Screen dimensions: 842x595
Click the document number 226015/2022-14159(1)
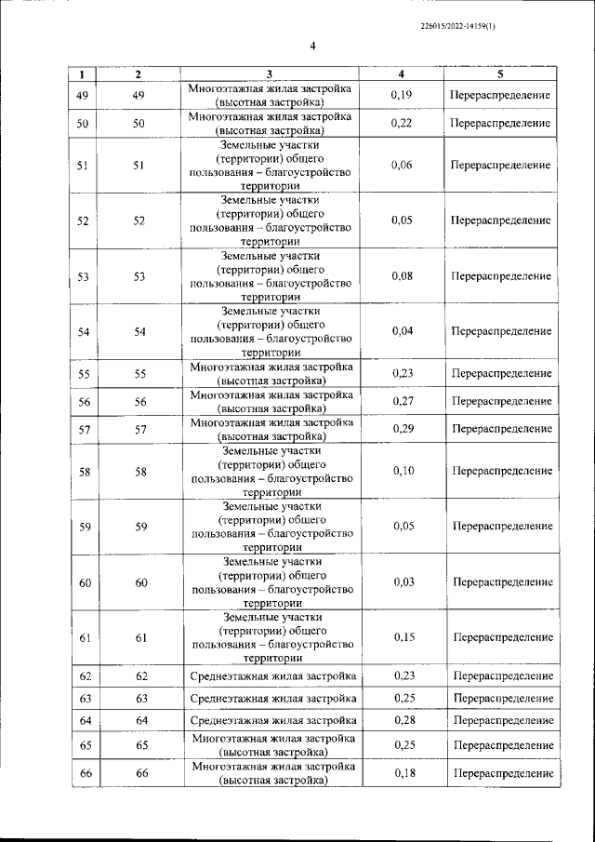[x=457, y=27]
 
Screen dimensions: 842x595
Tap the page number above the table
[x=313, y=47]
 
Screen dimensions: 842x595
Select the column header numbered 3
[x=269, y=74]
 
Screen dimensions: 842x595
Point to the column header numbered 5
[x=500, y=74]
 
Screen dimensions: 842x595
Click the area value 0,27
[x=403, y=401]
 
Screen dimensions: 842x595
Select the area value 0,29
[x=403, y=429]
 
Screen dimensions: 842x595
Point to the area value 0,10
[x=403, y=471]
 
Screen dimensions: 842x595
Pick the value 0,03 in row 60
[x=403, y=581]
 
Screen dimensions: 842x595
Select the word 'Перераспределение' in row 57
[x=501, y=429]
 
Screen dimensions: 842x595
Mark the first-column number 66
[x=86, y=774]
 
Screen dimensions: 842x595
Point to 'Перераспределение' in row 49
[x=500, y=96]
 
